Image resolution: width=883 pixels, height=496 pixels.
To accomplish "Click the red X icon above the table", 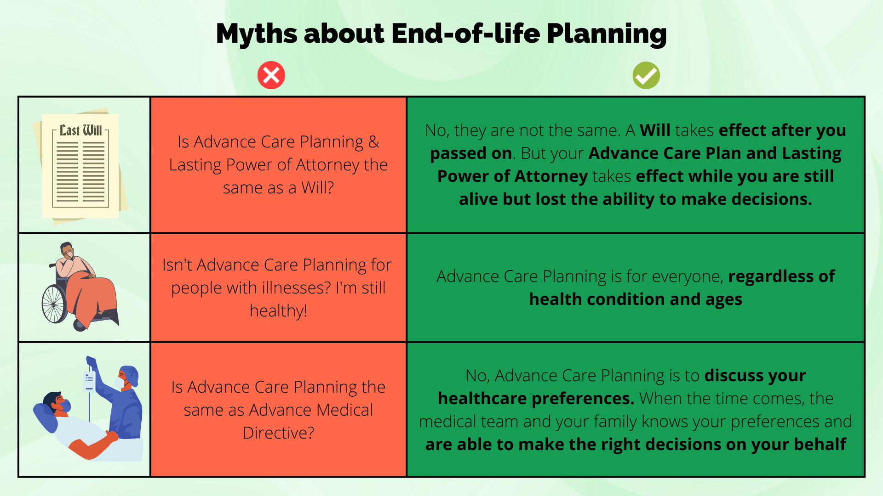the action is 271,75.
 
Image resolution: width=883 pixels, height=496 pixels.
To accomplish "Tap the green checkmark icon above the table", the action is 646,75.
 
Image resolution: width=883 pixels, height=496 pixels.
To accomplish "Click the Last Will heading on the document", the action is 81,130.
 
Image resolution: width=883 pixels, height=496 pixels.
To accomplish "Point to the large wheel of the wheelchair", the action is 54,304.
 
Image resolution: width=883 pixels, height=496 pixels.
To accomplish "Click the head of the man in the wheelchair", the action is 68,250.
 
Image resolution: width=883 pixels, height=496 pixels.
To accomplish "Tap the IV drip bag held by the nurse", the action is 89,381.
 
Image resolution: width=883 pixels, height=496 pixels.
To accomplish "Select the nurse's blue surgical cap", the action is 130,374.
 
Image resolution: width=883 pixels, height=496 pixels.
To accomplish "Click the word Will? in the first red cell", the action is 318,188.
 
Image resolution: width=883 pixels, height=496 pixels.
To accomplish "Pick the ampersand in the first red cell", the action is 374,142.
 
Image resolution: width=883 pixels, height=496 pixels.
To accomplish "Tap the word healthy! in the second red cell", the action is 278,311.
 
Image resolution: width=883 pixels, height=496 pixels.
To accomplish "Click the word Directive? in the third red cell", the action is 278,433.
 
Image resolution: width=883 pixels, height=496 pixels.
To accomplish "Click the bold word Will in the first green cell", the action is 655,130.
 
